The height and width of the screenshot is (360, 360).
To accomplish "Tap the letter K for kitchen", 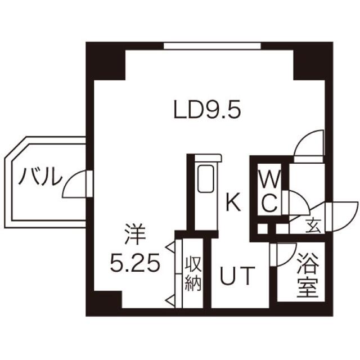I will [x=233, y=202].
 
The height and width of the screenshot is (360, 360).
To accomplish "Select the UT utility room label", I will [x=237, y=276].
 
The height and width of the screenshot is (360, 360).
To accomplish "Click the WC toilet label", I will [x=269, y=191].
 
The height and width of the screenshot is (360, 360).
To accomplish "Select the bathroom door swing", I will [x=284, y=255].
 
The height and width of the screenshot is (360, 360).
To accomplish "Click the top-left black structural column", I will [x=104, y=61].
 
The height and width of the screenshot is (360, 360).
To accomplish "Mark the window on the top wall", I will [x=212, y=46].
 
